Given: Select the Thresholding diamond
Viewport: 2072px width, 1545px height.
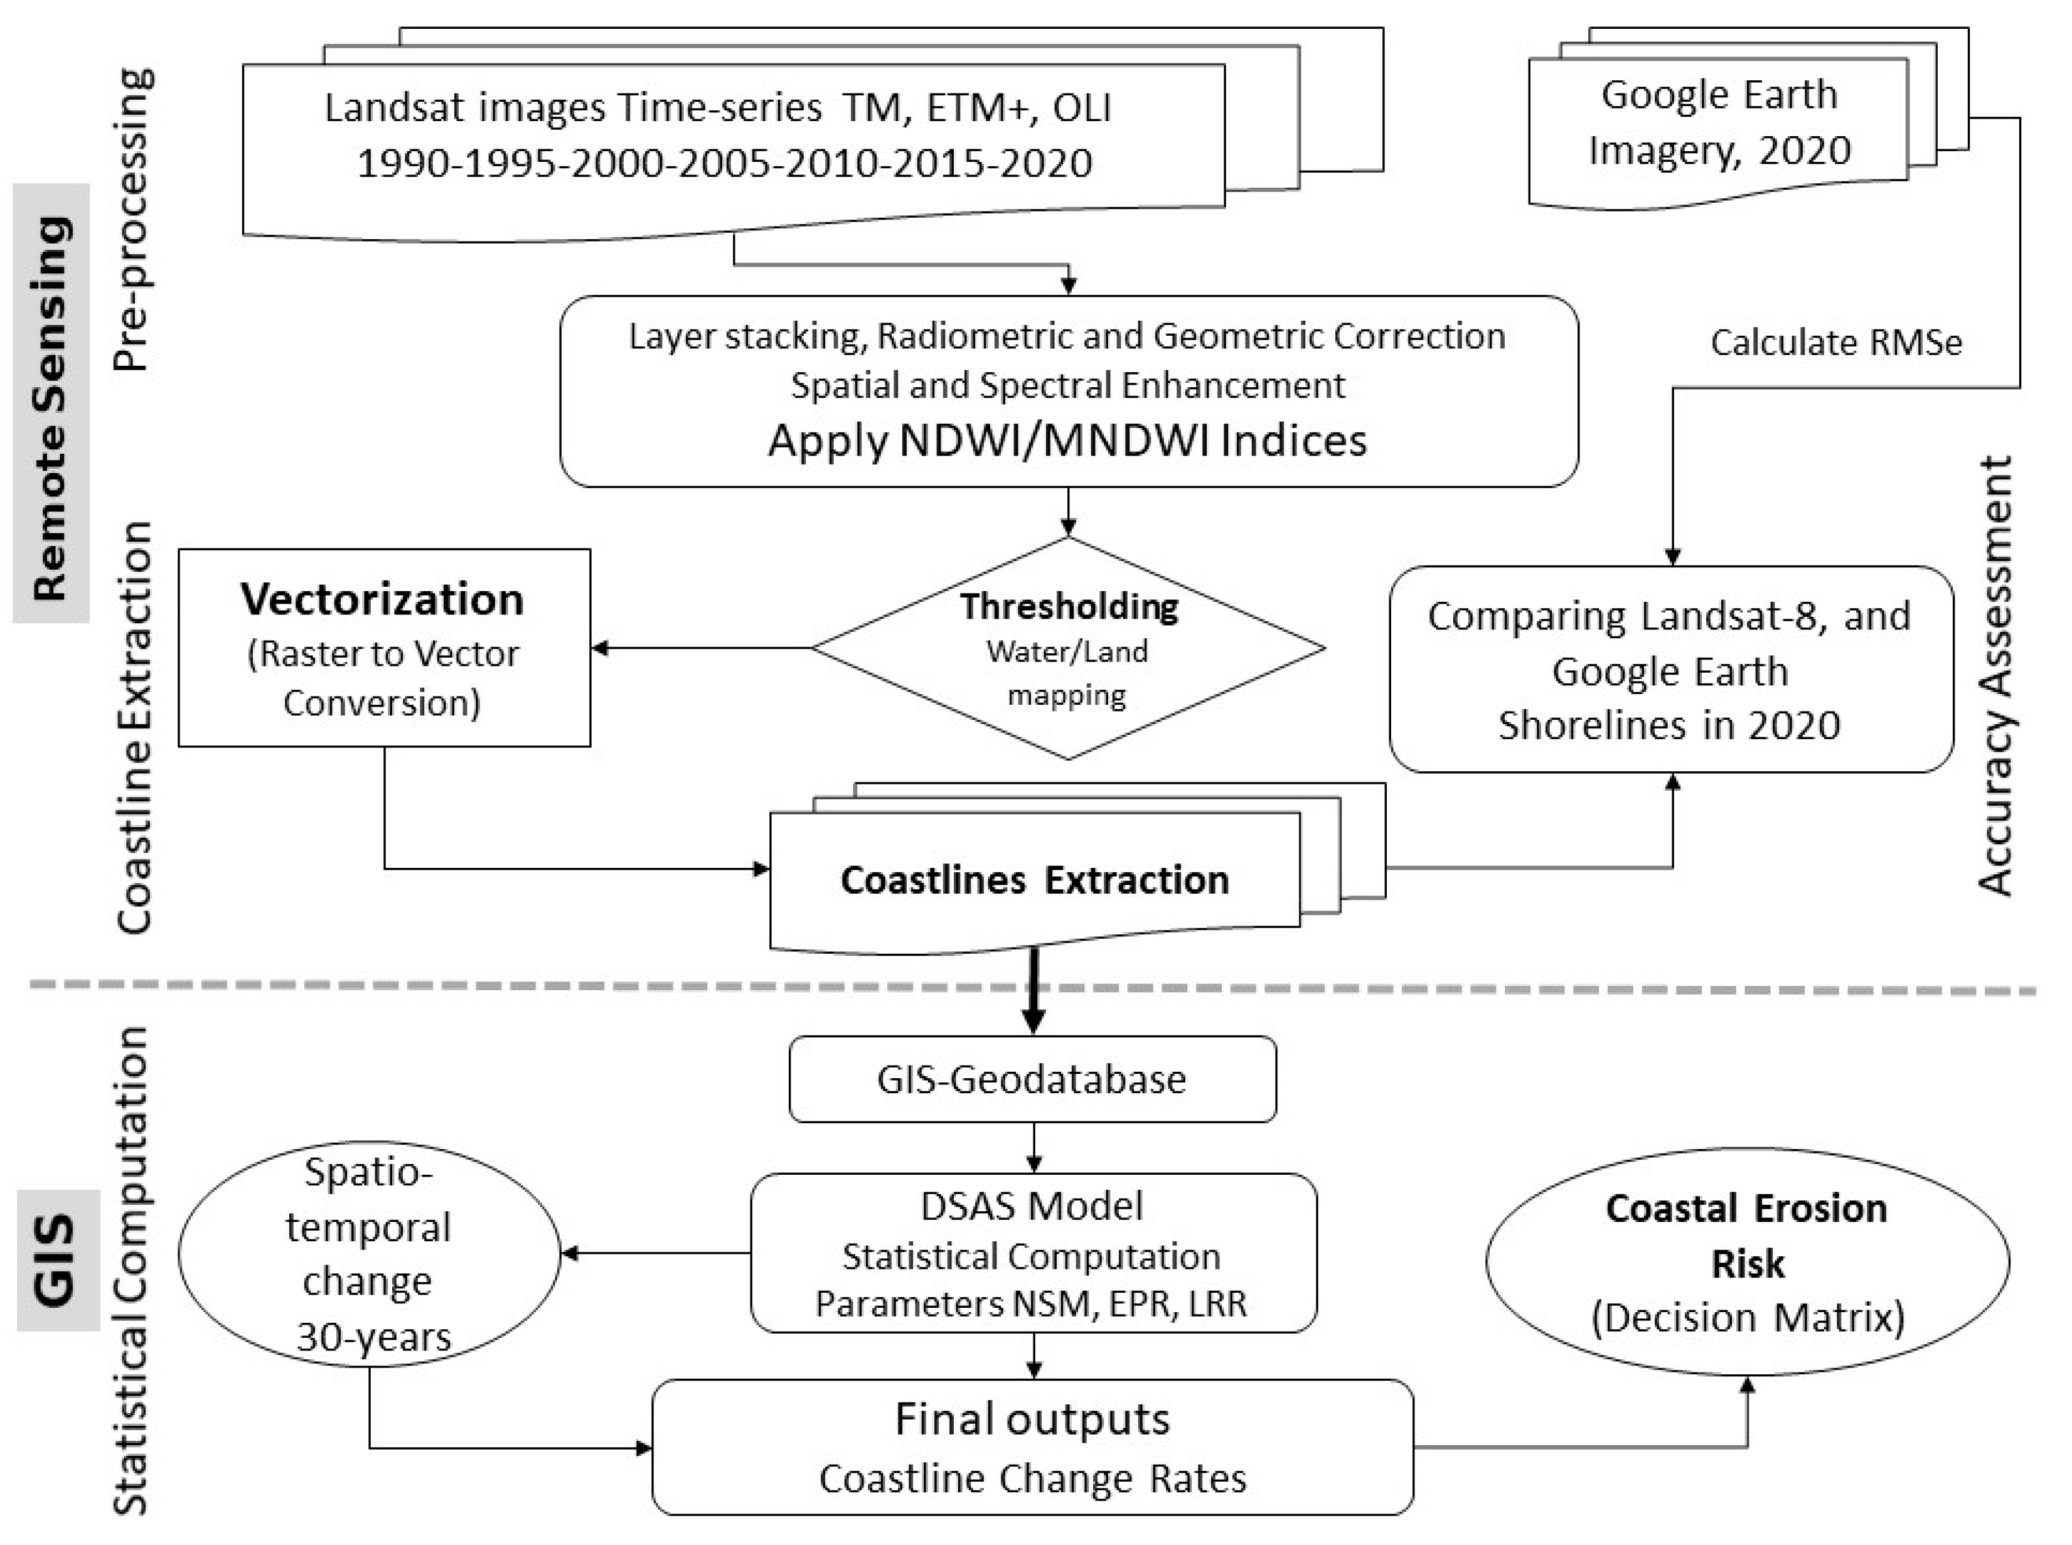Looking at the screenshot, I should click(1068, 648).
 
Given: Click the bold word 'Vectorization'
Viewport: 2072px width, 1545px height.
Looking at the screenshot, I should click(382, 599).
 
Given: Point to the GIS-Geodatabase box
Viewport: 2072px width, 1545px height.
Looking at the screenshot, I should click(1032, 1079).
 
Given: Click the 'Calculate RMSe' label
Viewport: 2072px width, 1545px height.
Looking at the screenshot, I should click(1835, 342).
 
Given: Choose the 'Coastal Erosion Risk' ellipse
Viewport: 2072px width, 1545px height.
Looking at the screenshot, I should click(1746, 1261).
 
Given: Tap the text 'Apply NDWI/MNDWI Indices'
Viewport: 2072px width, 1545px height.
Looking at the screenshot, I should click(1067, 439).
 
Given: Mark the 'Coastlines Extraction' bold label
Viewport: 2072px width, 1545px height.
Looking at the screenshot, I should click(1034, 880).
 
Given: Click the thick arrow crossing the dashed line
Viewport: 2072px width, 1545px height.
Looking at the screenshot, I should click(1033, 992).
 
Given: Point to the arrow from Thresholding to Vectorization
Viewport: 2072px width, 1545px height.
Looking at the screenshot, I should click(702, 647).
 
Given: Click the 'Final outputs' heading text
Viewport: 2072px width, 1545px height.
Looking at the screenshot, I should click(1032, 1419).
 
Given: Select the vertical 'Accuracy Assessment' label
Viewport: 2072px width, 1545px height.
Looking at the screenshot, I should click(1995, 675).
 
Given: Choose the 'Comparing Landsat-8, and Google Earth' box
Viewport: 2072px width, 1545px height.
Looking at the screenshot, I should click(1671, 670).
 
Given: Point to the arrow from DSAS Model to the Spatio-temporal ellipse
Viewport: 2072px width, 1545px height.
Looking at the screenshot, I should click(654, 1253).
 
